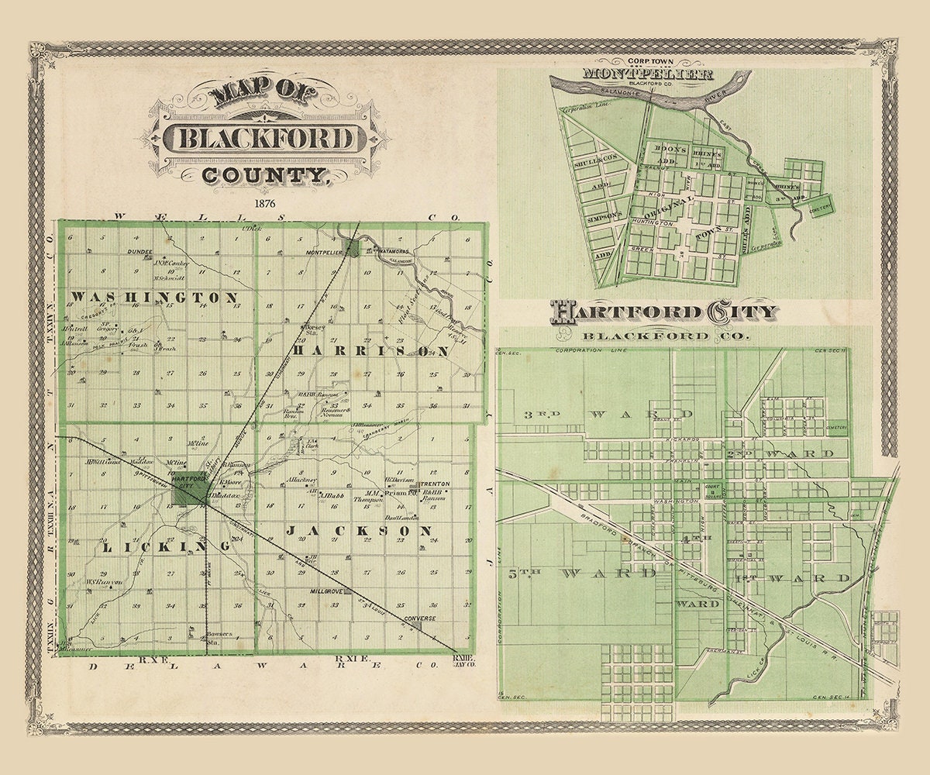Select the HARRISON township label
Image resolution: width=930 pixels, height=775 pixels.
370,350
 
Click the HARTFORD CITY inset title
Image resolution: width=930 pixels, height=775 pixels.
663,313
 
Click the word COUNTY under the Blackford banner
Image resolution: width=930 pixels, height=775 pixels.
262,175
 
